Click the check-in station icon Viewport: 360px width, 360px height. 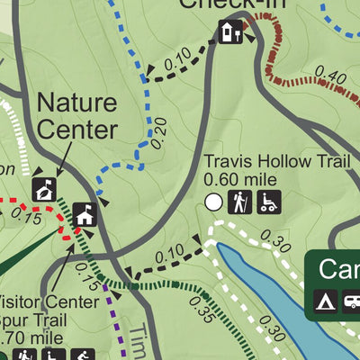coord(229,33)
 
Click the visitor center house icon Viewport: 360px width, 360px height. coord(85,214)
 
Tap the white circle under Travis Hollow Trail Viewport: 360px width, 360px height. coord(214,202)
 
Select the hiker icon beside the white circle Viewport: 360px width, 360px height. coord(238,202)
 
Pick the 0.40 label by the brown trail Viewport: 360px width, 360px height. coord(331,79)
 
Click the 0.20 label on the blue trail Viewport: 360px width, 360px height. coord(159,133)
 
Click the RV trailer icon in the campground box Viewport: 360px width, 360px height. coord(352,300)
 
